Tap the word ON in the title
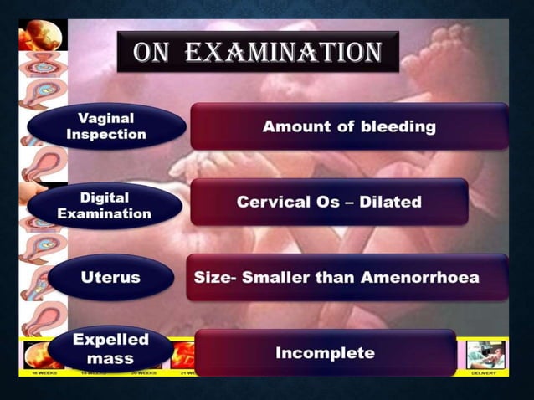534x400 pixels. (151, 53)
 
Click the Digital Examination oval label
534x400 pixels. (105, 206)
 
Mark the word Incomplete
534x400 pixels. (325, 352)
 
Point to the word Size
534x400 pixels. (210, 277)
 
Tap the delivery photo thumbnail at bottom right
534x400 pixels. (486, 353)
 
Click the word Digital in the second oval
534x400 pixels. (105, 198)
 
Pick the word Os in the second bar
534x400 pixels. (336, 202)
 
